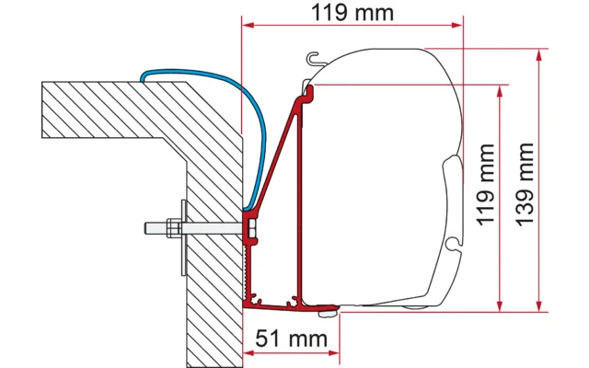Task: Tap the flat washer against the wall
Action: pyautogui.click(x=184, y=226)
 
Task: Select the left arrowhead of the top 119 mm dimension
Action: pyautogui.click(x=248, y=26)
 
